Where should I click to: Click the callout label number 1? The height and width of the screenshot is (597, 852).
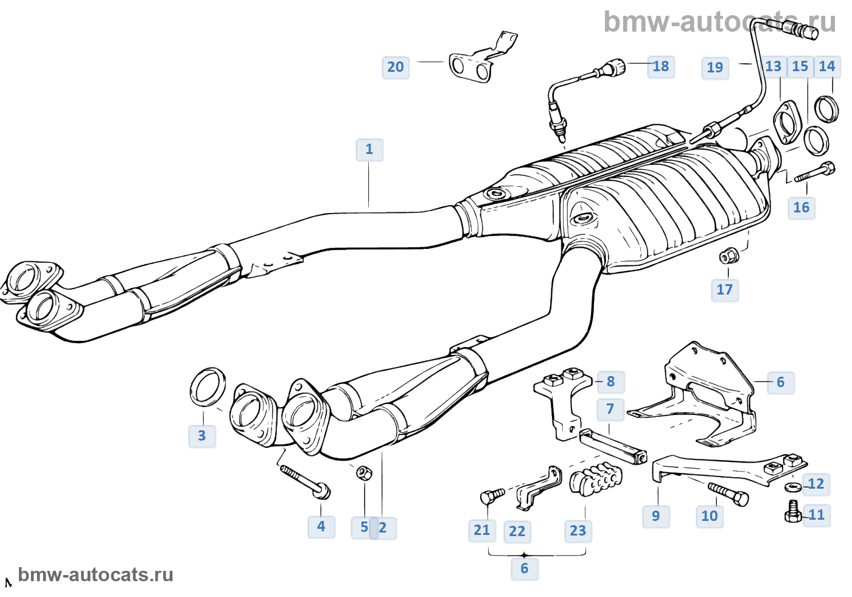(x=369, y=149)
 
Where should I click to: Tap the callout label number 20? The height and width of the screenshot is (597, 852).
(x=396, y=67)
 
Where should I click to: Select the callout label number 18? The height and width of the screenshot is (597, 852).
(x=661, y=66)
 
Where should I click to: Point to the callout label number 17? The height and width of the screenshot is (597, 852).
(x=725, y=290)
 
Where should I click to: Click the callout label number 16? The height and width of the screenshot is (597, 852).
(x=801, y=208)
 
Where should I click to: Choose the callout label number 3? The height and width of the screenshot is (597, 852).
(x=202, y=436)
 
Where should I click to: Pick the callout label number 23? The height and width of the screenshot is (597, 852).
(x=578, y=531)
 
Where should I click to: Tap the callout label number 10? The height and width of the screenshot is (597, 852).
(x=710, y=516)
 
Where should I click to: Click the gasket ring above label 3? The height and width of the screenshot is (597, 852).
(x=208, y=386)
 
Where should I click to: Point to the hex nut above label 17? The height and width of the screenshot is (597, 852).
(x=728, y=256)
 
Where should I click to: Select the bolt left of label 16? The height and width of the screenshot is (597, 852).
(x=814, y=172)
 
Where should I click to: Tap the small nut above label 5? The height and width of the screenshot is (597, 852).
(x=363, y=472)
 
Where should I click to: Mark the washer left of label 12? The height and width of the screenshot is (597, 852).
(x=793, y=486)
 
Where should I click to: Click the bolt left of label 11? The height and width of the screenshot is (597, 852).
(x=793, y=512)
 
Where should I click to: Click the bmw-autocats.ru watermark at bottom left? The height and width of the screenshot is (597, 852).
(x=96, y=575)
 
